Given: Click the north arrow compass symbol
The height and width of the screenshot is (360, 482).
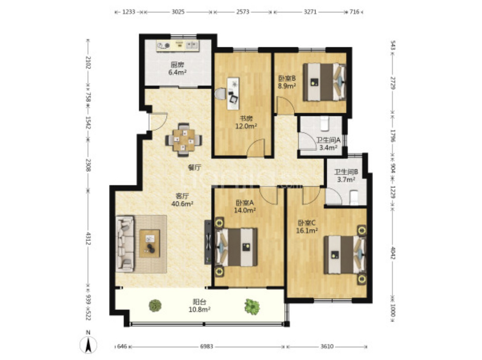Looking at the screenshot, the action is coord(88,344).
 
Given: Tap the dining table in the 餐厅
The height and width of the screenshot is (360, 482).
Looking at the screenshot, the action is coord(184,140).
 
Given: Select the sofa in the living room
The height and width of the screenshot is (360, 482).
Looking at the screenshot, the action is coord(125,244).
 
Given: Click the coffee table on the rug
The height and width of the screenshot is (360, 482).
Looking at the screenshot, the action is coord(149,244).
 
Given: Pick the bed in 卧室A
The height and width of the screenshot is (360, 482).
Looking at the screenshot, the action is coord(236,247).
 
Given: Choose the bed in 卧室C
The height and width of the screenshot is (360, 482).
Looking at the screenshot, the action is coord(345,254).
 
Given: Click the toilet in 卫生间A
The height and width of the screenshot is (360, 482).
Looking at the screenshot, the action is coord(324,123).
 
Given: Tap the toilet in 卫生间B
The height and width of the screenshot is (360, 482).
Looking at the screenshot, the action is coord(354,197).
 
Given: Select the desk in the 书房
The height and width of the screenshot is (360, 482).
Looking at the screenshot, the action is coord(233,93).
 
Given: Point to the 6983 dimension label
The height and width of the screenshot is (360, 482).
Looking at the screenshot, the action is coord(206,346).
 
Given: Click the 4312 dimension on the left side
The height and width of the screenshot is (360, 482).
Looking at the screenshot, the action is coord(88,239).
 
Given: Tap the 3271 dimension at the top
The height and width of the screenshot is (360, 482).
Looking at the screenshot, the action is coord(310,12).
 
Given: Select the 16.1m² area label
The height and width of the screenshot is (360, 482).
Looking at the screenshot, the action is coord(307,230).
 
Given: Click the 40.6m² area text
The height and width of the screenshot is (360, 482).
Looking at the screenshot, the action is coord(182,204).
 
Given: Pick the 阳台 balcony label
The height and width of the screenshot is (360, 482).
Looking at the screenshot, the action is coord(199,302).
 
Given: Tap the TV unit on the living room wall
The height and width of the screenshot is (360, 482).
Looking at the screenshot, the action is coord(208,242).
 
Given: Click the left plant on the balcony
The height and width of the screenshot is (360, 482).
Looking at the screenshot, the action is coord(155,306).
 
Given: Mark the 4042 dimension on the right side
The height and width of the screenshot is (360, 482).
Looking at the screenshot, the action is coord(393,253).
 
